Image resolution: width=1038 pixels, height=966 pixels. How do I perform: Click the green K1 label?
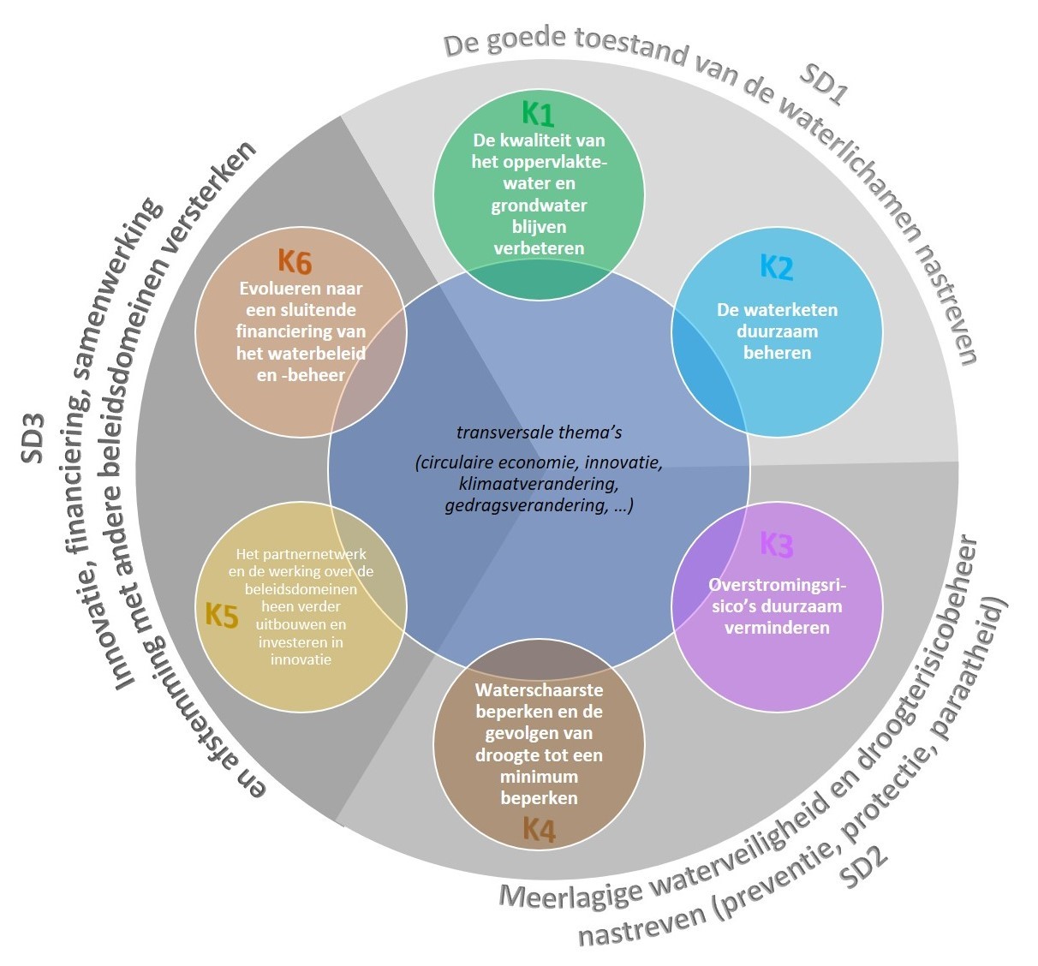pos(538,114)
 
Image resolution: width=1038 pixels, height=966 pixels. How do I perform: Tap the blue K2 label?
pos(777,267)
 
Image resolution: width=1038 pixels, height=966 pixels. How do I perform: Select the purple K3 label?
pos(777,545)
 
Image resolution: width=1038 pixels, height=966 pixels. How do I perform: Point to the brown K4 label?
pos(539,829)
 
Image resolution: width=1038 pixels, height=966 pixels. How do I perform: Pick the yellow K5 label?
pos(222,615)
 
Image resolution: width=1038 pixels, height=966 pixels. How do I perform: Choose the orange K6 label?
pos(295,261)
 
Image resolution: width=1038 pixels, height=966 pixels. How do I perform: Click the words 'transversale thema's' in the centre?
pos(539,432)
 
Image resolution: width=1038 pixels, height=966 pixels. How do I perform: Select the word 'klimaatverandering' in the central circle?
pos(538,484)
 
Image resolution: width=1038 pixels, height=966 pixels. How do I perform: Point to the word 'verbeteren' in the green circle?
pos(539,248)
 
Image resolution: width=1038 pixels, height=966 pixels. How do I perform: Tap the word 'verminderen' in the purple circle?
pos(777,628)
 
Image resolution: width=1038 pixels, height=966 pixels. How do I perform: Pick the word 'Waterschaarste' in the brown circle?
pos(539,689)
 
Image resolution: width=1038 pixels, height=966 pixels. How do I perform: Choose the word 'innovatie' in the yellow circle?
pos(301,659)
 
